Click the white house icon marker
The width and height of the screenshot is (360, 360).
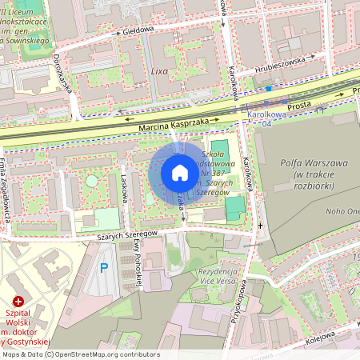(x=180, y=173)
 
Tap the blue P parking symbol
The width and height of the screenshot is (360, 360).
(x=102, y=268)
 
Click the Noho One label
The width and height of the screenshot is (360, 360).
(x=342, y=211)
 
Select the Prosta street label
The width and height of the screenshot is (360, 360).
(x=299, y=106)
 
